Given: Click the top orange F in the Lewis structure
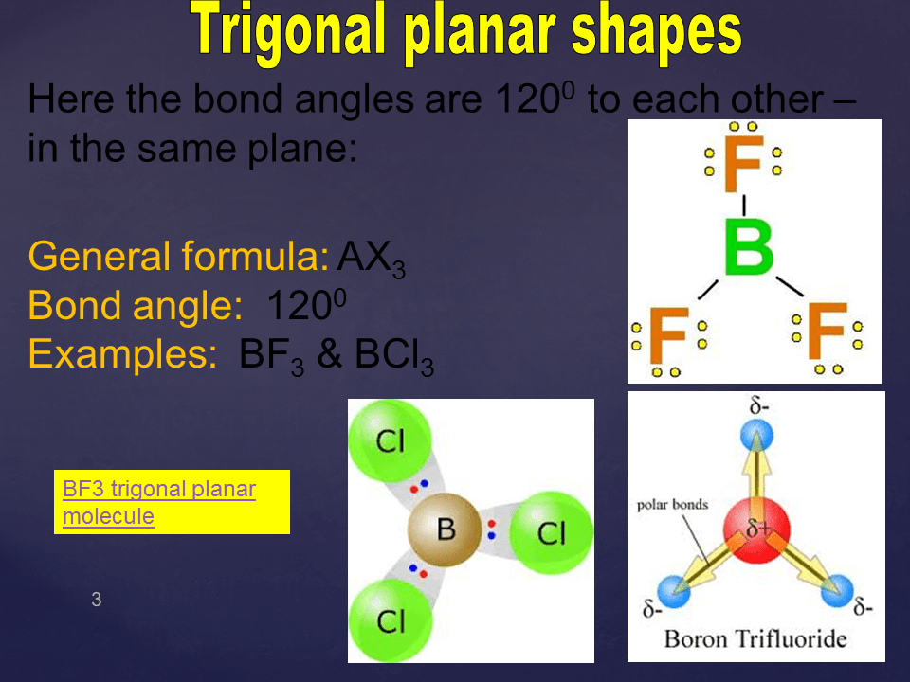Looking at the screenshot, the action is [743, 164].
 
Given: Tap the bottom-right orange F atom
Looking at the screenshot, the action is [828, 332].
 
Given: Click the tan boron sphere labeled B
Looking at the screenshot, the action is [445, 529].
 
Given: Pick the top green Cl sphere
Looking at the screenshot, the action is [390, 440].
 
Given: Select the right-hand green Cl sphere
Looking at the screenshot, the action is [552, 532].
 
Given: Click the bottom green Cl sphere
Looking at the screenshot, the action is [391, 621].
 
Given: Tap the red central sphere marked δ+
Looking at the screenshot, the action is [756, 529].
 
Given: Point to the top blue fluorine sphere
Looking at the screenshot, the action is [756, 436].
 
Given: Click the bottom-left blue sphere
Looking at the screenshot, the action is [674, 591].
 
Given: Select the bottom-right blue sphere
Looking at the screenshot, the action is [837, 591].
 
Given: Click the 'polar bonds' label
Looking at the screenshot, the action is [673, 505].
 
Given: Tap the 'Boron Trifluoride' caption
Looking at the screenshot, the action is [755, 639].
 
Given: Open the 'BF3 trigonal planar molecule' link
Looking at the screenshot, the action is [159, 502].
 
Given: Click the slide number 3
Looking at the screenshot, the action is [97, 599].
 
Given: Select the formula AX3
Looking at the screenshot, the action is [372, 258].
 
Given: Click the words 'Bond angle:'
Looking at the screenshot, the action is [136, 306].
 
